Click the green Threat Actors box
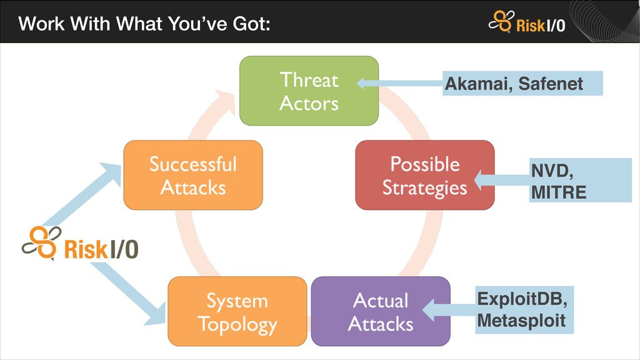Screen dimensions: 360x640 (309, 91)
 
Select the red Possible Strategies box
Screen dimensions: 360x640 (424, 175)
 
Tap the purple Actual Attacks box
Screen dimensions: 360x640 (380, 311)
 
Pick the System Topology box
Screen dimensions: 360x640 (237, 311)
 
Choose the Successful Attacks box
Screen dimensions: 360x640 (192, 175)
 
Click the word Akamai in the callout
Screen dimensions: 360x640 (473, 83)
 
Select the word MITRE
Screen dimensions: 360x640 (558, 192)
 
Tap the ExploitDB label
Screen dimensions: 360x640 (521, 299)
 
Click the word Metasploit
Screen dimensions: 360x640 (521, 321)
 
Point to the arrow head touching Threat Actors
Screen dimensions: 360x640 (363, 83)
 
